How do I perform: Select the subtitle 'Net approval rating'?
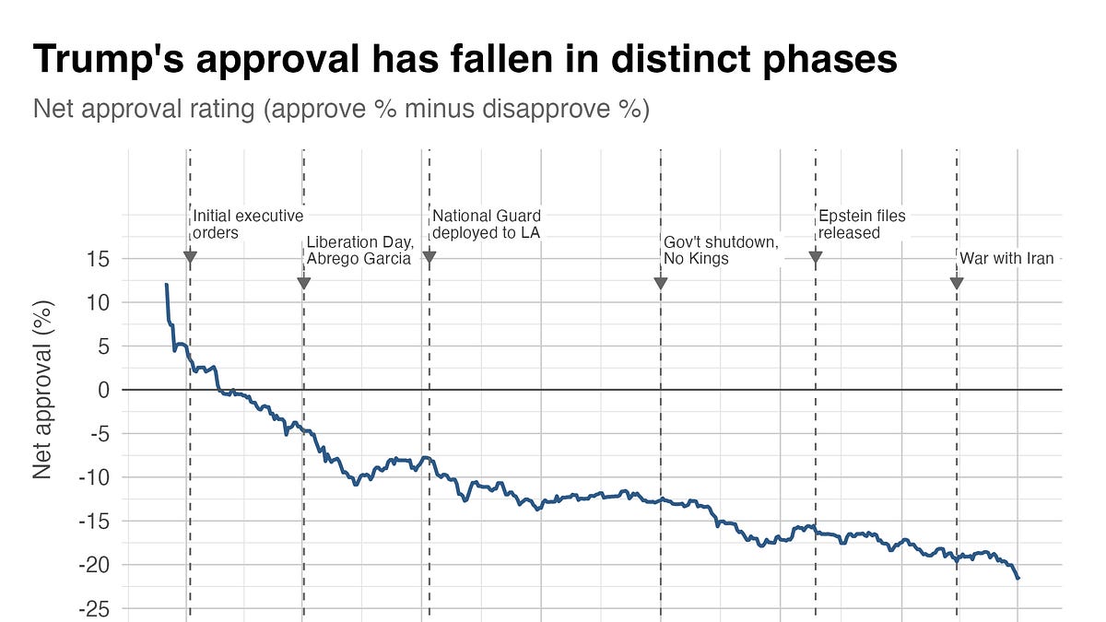(341, 109)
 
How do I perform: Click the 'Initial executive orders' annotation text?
(247, 224)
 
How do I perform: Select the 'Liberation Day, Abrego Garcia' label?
(359, 251)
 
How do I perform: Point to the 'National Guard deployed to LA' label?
(486, 224)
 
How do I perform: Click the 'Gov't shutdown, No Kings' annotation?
(721, 251)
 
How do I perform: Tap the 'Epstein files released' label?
(862, 224)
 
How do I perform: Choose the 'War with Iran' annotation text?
(1006, 259)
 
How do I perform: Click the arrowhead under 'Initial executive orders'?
(190, 258)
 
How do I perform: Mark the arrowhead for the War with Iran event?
(957, 283)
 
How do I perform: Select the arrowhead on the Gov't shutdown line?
(661, 283)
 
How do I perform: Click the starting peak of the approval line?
(167, 285)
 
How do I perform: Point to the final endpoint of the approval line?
(1018, 578)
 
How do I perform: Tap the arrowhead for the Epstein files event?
(816, 258)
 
